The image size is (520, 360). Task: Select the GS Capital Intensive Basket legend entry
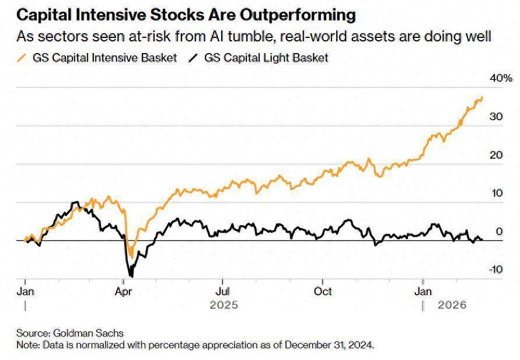pos(104,58)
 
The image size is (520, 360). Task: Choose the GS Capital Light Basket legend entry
pos(265,58)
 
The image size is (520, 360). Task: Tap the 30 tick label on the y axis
pos(496,117)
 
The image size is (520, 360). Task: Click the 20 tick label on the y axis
pos(496,155)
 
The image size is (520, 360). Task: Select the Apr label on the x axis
pos(123,291)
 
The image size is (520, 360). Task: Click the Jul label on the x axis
pos(222,291)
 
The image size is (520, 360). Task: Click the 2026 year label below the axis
pos(452,305)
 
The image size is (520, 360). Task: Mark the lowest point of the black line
pos(131,276)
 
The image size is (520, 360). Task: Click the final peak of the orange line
pos(482,97)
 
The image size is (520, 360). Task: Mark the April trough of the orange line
pos(131,257)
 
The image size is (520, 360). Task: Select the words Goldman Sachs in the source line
pos(89,333)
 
